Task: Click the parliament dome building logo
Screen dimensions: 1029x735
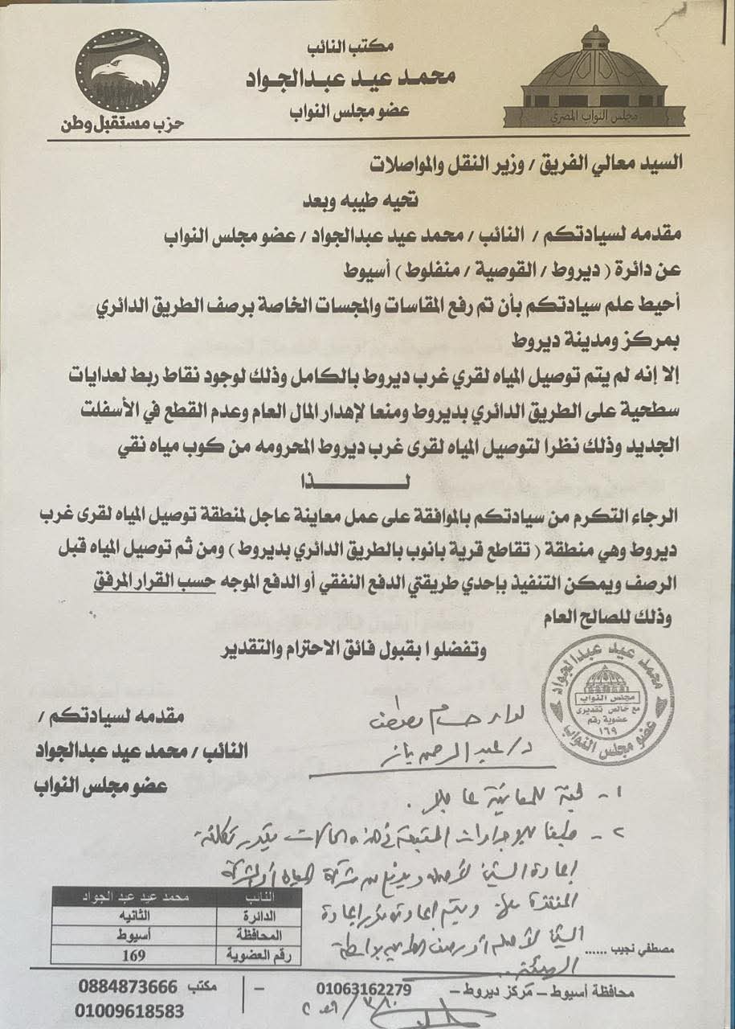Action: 594,81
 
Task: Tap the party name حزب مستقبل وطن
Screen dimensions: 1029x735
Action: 122,125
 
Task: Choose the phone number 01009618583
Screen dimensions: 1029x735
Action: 131,1011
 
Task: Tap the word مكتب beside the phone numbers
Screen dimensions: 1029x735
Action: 203,986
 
